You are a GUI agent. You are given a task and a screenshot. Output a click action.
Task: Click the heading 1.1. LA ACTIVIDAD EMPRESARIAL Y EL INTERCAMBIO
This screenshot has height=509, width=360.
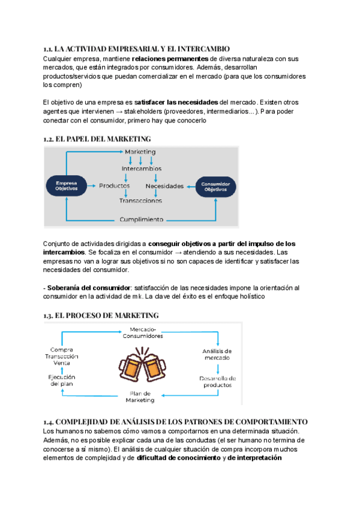click(136, 48)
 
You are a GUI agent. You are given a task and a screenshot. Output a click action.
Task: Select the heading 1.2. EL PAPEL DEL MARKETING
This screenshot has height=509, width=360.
click(97, 139)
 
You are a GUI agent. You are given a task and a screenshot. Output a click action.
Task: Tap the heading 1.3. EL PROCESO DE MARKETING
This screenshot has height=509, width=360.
click(101, 315)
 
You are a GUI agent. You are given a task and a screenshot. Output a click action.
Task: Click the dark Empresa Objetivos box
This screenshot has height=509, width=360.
click(67, 185)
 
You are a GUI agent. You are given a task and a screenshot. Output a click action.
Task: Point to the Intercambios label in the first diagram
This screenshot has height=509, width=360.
click(141, 169)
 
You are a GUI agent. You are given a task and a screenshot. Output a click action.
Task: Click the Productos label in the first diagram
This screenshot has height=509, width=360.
click(115, 185)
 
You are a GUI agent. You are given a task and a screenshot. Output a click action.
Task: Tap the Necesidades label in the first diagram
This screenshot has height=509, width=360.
click(164, 185)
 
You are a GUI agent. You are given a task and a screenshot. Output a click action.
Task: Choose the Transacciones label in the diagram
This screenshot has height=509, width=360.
click(140, 201)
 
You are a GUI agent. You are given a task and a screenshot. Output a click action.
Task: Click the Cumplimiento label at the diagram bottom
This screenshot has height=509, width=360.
click(141, 220)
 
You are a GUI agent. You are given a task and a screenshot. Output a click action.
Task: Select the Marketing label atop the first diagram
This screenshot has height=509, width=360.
click(140, 152)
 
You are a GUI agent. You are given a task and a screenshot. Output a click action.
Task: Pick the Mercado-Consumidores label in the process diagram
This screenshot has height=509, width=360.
click(142, 333)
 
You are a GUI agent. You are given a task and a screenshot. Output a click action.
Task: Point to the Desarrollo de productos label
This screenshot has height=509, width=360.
click(217, 382)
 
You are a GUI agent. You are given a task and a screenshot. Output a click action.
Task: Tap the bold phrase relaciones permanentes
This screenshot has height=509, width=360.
click(170, 59)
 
